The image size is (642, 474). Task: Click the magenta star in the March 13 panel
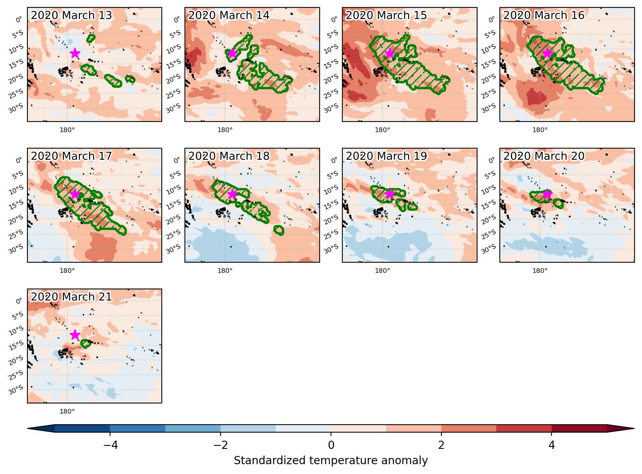(x=75, y=53)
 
